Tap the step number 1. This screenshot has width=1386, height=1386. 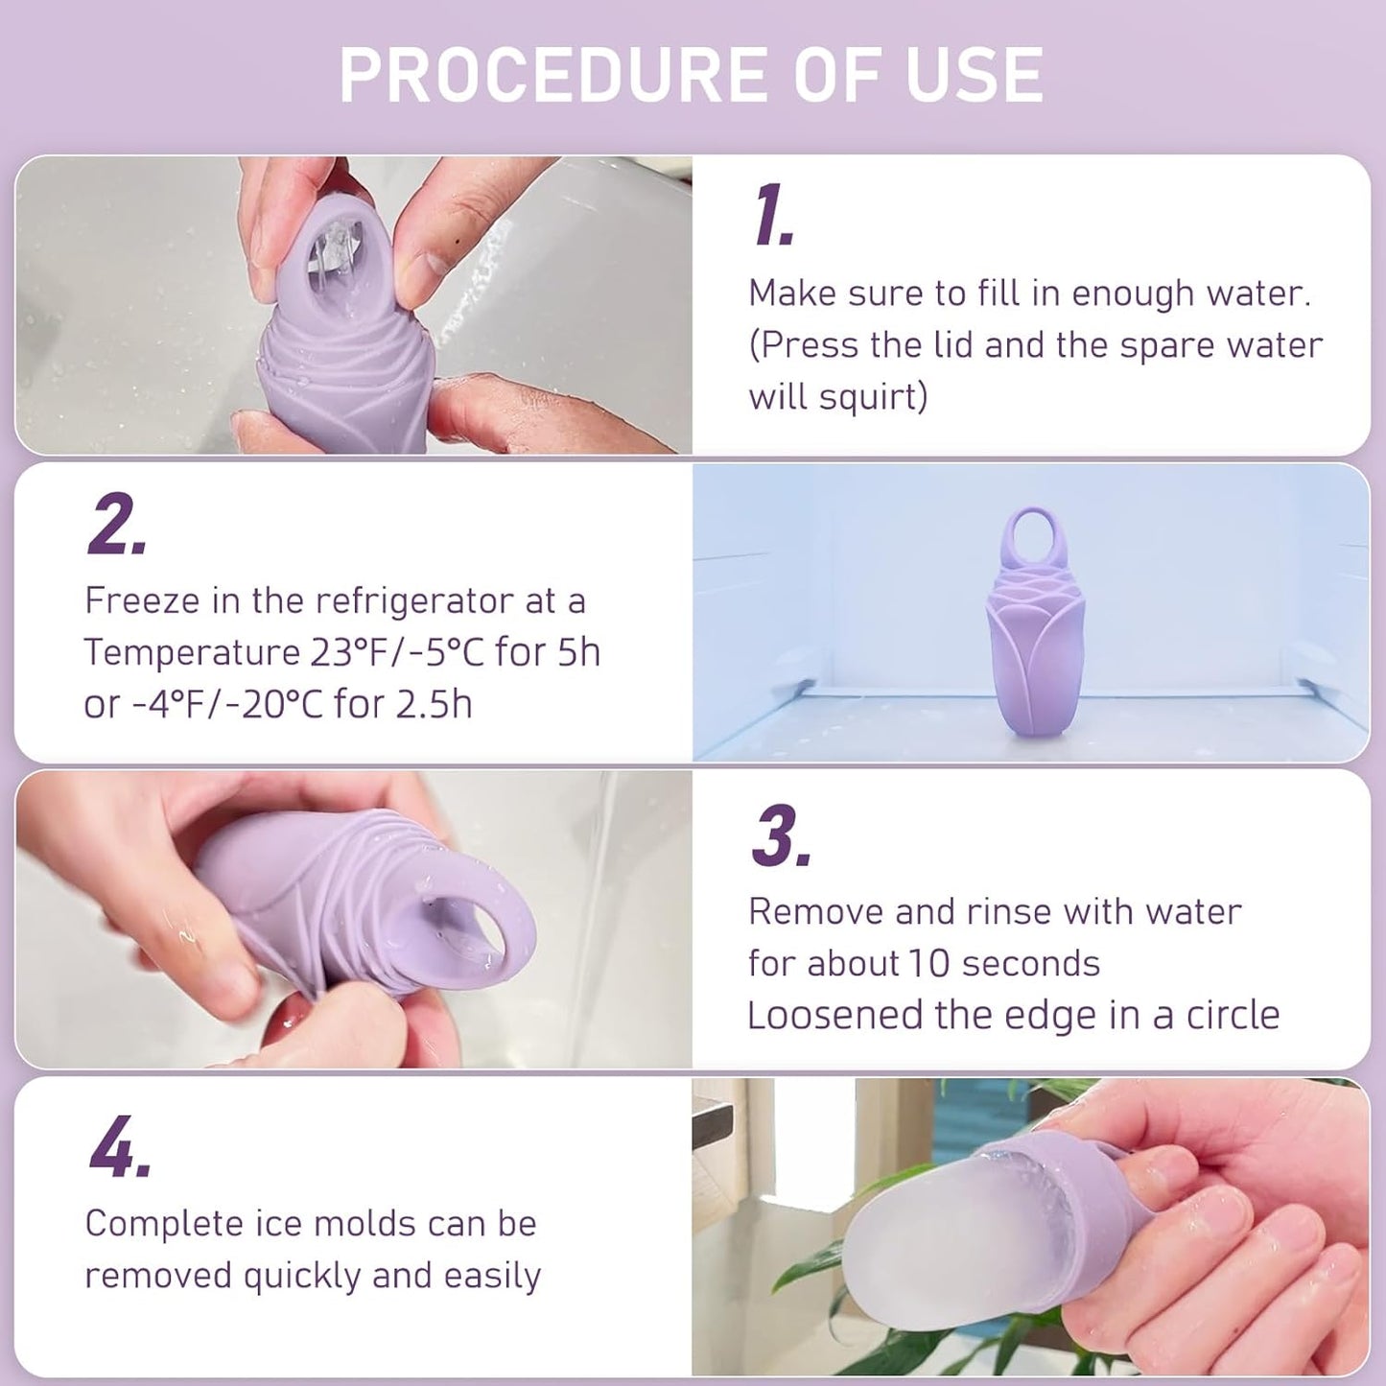click(x=773, y=216)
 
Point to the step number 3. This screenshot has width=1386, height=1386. click(x=781, y=836)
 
